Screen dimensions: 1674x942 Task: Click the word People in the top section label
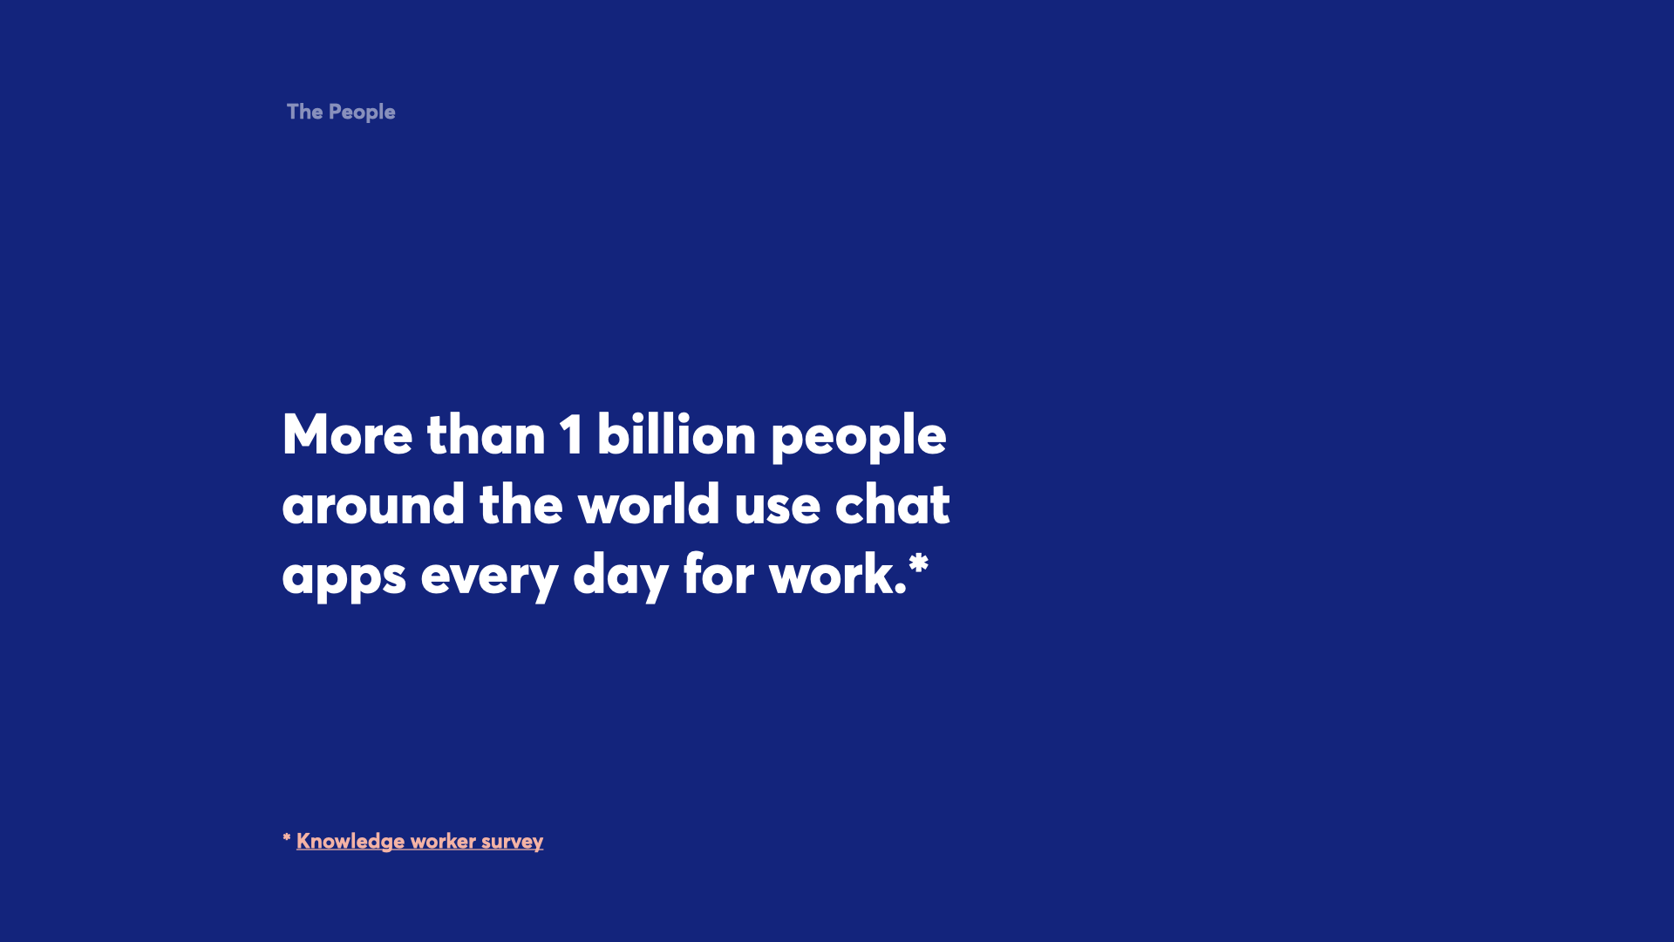362,113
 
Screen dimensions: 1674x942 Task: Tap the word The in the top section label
305,112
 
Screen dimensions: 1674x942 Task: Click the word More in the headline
347,434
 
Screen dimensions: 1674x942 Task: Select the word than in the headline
486,434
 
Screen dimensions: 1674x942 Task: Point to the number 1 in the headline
572,434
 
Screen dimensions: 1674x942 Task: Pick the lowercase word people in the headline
859,438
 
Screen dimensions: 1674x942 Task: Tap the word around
373,504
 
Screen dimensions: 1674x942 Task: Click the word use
778,508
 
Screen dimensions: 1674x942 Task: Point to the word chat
893,504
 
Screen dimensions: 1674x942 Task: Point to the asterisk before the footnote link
287,838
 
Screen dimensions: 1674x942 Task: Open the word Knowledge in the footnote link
350,842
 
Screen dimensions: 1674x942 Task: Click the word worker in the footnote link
443,841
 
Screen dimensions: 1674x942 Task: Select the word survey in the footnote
512,843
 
